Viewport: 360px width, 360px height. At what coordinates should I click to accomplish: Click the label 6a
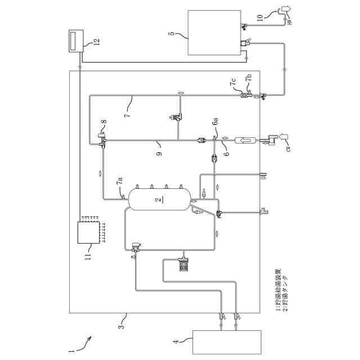pos(215,122)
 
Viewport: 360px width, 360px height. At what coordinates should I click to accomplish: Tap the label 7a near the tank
pos(119,182)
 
